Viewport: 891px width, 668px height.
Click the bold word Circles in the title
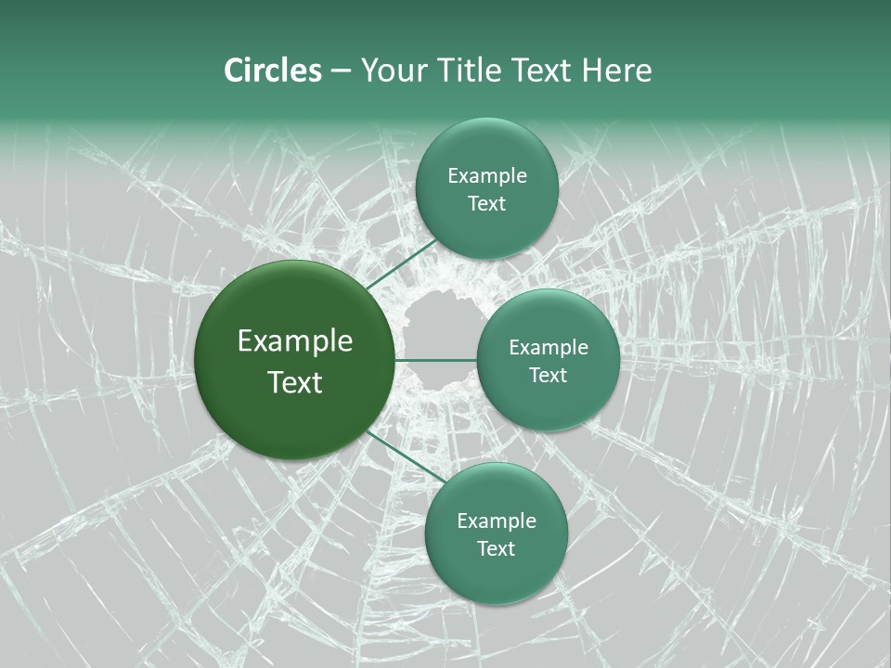(272, 71)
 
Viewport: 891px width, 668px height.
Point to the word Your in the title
(394, 71)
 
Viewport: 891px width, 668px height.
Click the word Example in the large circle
(295, 340)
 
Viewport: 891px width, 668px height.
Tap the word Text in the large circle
(295, 382)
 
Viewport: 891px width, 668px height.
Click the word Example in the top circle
(487, 175)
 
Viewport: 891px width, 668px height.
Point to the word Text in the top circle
(487, 203)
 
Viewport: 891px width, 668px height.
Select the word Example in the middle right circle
(549, 347)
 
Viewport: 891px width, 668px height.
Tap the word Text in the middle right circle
(549, 375)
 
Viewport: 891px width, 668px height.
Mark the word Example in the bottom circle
(497, 520)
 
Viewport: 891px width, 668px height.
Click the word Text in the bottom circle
(497, 548)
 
